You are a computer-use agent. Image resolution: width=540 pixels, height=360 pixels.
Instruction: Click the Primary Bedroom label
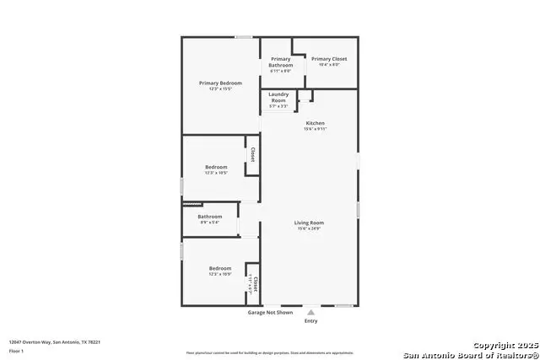click(220, 83)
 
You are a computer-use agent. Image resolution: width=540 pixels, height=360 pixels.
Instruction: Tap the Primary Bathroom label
click(281, 62)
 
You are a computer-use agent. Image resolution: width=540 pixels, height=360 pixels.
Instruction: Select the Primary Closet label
click(328, 58)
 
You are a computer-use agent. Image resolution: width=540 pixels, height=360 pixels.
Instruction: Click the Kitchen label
click(314, 123)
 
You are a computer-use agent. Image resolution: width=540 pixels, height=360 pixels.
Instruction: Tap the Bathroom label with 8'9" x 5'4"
click(209, 217)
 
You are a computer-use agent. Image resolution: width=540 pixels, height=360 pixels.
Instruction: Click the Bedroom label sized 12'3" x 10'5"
click(216, 167)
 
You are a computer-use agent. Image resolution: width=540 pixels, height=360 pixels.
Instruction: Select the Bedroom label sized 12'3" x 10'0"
click(220, 268)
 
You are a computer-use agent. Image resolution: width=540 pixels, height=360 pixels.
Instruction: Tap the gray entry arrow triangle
click(310, 312)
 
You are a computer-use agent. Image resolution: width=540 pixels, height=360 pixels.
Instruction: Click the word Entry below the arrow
click(310, 321)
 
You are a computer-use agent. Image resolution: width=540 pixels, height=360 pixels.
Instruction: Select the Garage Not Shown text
click(269, 312)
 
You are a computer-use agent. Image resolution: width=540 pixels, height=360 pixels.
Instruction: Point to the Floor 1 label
click(16, 350)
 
